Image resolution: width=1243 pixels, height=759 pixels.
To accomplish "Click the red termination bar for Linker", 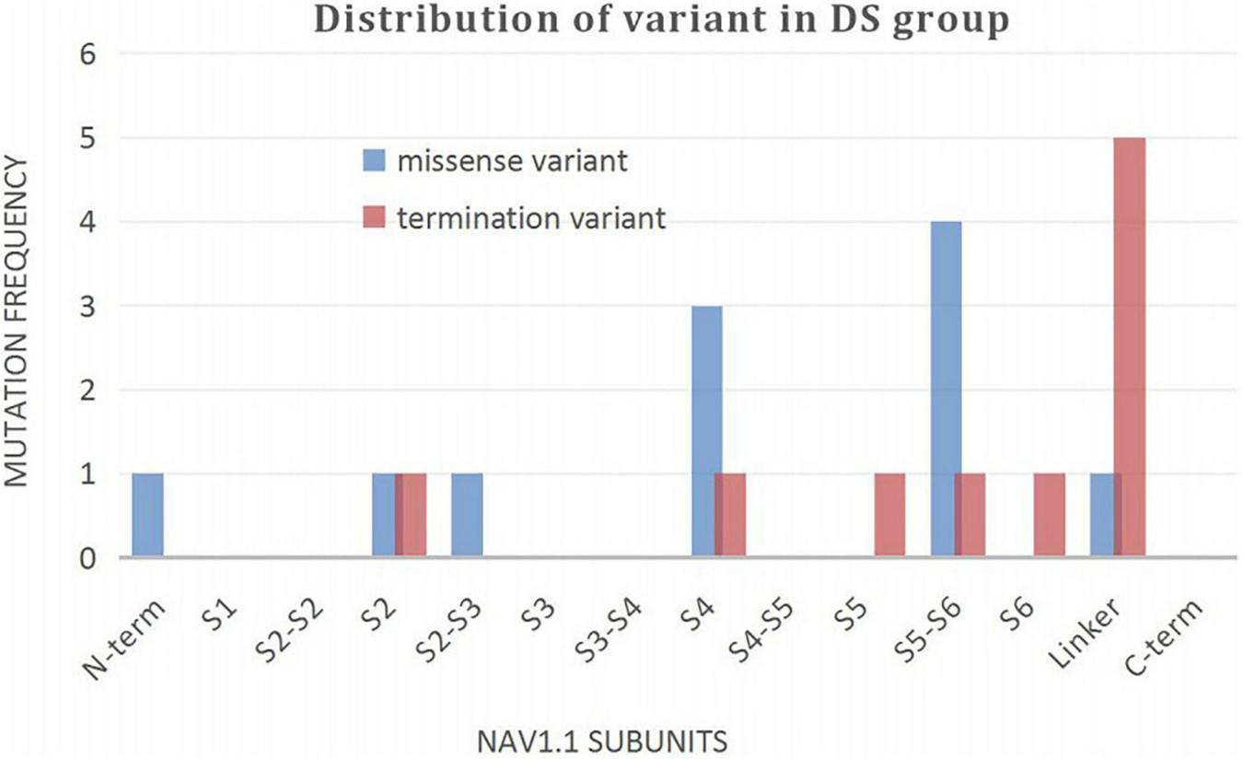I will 1130,347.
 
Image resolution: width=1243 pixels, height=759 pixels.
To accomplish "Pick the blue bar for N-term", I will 147,515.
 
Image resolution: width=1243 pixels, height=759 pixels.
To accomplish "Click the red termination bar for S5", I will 889,515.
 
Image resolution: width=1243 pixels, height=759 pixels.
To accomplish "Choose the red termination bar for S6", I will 1050,515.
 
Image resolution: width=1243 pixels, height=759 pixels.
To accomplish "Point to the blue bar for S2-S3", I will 467,515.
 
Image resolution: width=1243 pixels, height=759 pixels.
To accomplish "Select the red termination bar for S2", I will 412,515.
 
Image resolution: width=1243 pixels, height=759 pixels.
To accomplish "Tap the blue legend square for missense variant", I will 372,162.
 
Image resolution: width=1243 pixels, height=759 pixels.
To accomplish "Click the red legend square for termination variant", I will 372,218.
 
